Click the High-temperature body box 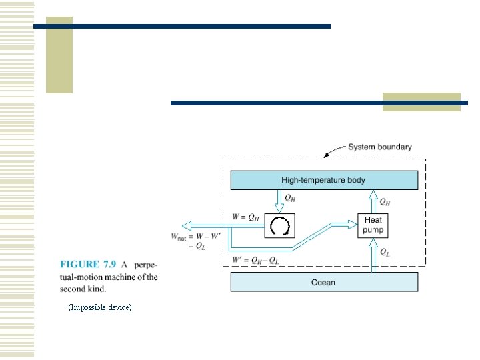coord(324,180)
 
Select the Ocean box coord(324,282)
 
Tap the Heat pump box coord(373,225)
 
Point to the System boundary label coord(379,147)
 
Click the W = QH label coord(246,216)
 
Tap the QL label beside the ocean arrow coord(386,252)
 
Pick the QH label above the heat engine coord(291,198)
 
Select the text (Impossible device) coord(100,307)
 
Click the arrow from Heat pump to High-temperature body coord(373,201)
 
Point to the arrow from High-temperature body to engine coord(280,201)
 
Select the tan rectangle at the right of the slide coord(421,101)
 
